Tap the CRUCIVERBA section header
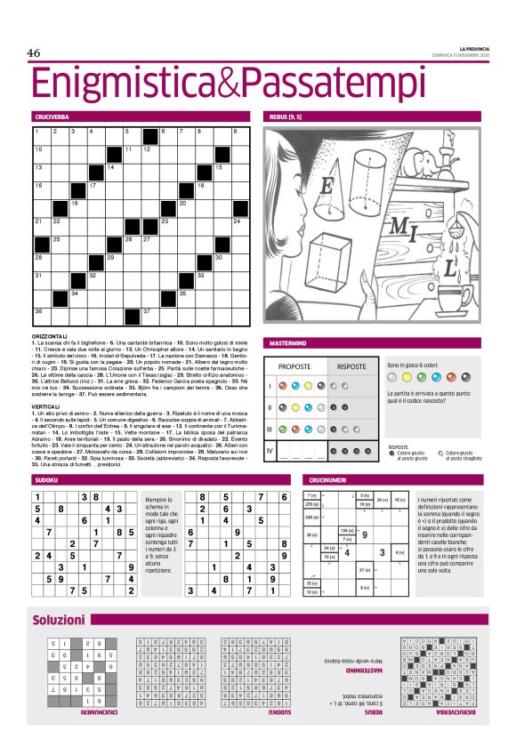pos(52,116)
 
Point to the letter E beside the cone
pos(327,187)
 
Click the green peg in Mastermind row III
pos(295,430)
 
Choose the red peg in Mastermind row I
pos(295,387)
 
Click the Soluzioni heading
pos(59,619)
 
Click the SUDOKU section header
pos(46,480)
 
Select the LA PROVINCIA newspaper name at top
pos(470,49)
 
